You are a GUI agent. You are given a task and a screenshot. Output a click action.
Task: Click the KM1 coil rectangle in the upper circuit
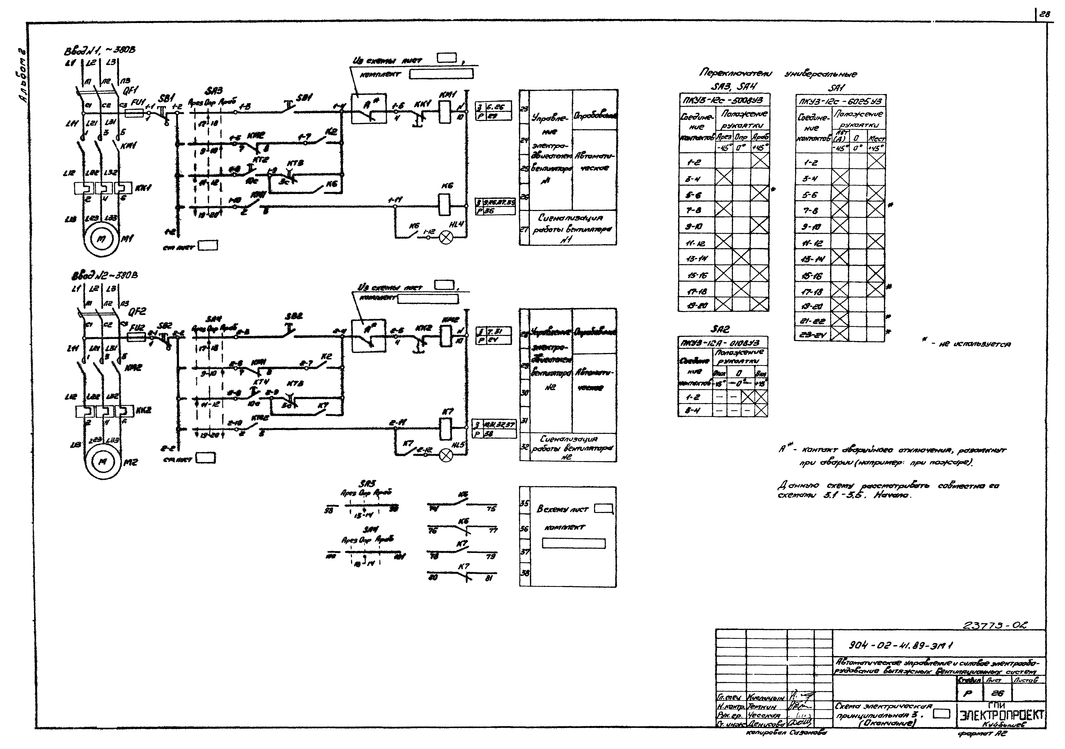click(x=444, y=112)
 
